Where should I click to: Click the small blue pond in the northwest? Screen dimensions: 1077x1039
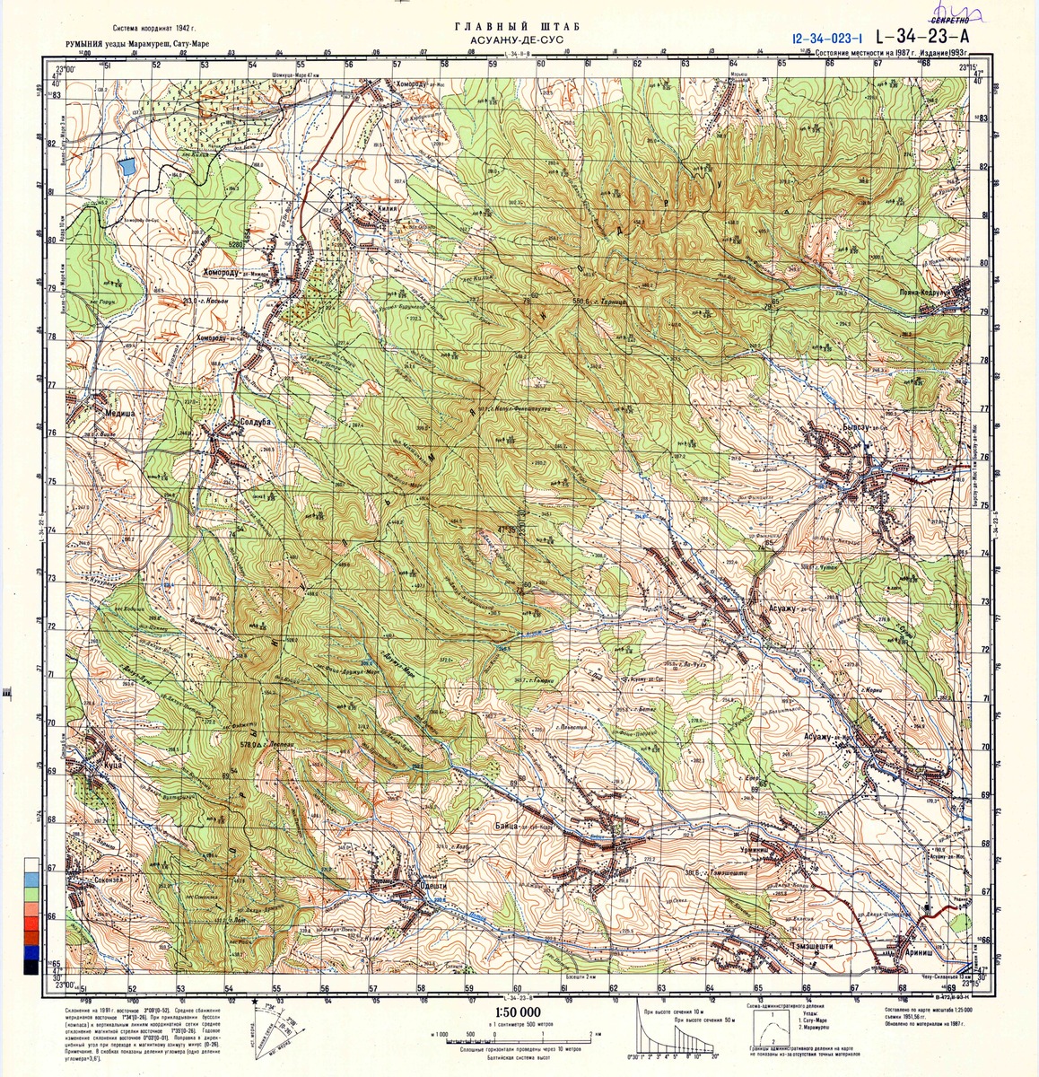tap(127, 167)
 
